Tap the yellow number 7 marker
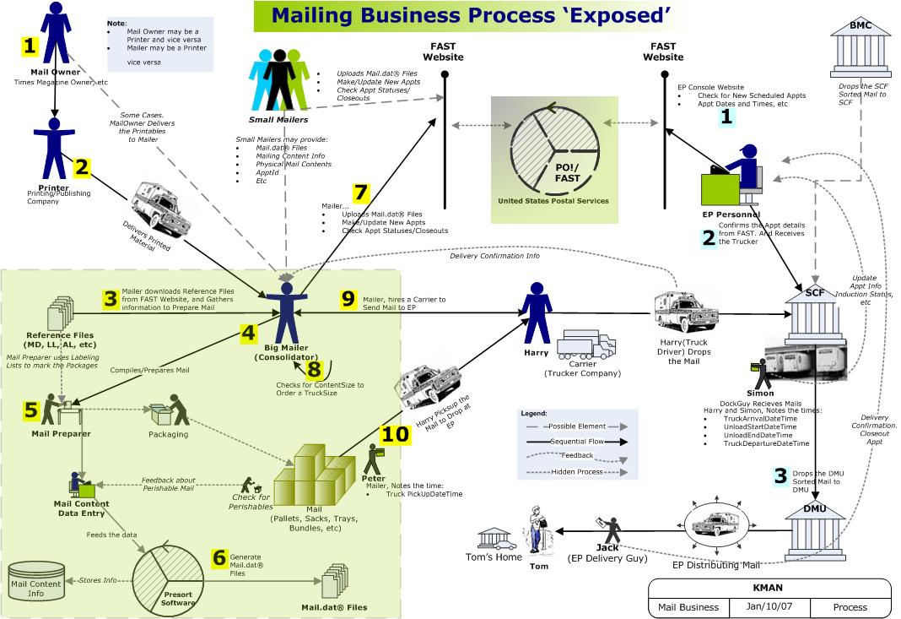click(361, 193)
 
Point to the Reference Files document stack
click(70, 313)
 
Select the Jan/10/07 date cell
click(769, 606)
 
